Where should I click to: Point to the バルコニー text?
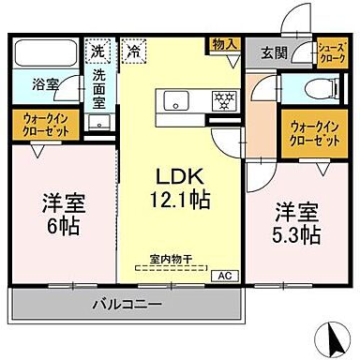(x=127, y=304)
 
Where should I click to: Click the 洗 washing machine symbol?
(x=98, y=50)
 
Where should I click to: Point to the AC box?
(x=225, y=276)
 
